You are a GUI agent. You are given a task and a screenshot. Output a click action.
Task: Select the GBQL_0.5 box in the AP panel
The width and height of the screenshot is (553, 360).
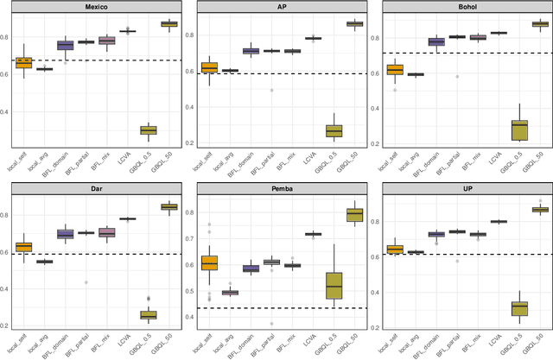(333, 130)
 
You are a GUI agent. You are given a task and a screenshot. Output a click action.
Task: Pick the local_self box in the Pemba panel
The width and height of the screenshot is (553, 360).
(209, 263)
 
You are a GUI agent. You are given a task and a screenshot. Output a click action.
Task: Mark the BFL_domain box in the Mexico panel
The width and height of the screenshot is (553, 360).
(66, 45)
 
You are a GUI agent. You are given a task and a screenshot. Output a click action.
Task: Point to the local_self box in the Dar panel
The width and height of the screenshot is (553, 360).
(24, 247)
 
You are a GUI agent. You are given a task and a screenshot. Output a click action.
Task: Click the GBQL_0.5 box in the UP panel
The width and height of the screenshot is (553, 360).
(518, 308)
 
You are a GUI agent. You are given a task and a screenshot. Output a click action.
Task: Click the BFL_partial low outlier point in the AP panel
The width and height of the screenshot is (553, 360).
(271, 90)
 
